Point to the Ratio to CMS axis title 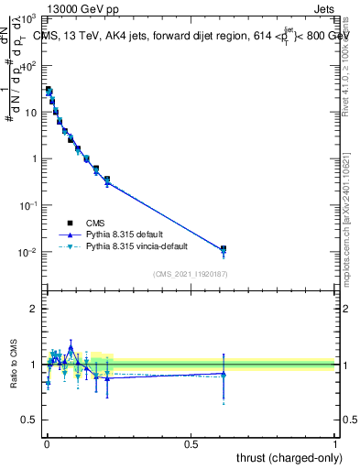click(x=13, y=364)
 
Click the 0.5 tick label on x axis click(x=191, y=443)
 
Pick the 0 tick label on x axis click(x=46, y=443)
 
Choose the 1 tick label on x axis click(x=335, y=443)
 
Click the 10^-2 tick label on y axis click(x=28, y=253)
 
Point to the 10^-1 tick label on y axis click(x=28, y=206)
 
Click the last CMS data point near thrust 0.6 click(x=224, y=248)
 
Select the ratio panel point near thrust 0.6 click(x=224, y=374)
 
